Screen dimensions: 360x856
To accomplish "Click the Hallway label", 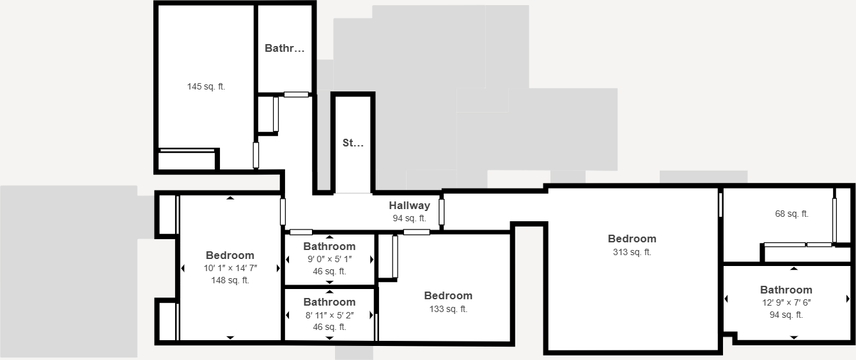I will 409,206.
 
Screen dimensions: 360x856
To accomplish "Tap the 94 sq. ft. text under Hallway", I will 409,218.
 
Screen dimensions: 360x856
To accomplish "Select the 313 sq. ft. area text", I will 632,252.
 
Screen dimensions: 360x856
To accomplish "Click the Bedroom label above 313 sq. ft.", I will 632,239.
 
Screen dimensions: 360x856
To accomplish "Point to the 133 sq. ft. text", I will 448,309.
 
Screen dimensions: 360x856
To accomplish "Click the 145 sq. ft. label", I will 206,86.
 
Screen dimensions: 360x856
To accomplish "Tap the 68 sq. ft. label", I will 791,214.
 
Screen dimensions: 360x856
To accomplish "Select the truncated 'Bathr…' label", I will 284,48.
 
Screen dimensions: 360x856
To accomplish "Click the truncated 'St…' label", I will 353,143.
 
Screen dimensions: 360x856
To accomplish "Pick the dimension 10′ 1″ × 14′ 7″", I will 230,268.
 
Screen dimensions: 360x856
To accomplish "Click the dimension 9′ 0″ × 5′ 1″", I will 329,259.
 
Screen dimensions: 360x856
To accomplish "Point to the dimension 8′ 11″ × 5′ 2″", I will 329,315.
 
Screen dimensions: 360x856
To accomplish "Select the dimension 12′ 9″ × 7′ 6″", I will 786,302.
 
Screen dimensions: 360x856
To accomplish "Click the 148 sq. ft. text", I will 230,280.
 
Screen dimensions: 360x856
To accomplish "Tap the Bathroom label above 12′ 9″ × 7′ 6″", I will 786,290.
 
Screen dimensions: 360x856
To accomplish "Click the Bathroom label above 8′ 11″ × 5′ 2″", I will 329,302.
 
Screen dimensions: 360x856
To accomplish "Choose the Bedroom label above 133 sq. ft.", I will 448,296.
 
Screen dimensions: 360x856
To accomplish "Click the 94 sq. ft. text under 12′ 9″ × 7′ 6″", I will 786,315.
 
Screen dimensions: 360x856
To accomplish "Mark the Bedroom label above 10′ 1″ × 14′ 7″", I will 230,256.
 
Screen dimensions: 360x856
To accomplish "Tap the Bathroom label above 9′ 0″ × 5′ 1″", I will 329,247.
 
